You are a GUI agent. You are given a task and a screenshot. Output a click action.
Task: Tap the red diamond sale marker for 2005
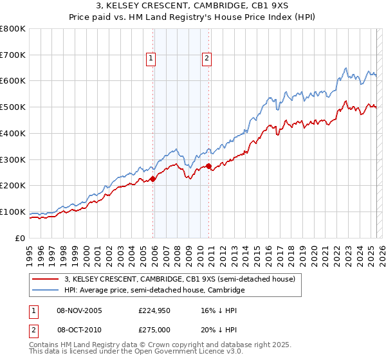click(153, 179)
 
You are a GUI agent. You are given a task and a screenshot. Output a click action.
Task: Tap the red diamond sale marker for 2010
click(209, 166)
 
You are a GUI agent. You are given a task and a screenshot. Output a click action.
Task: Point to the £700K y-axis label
click(13, 55)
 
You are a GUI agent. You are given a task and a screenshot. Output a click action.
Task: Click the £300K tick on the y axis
click(13, 159)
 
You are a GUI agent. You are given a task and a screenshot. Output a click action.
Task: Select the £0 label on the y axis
click(21, 238)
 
